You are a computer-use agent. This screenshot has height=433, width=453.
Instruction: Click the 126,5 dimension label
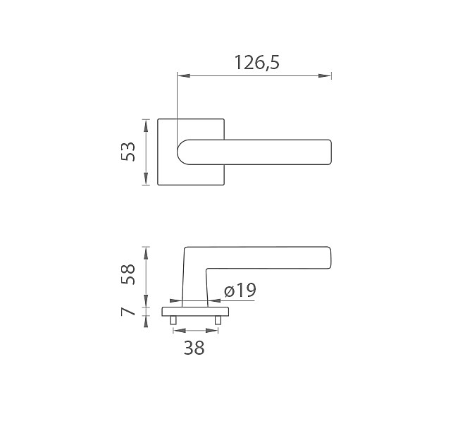[257, 63]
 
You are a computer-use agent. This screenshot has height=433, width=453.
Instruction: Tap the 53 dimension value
[128, 152]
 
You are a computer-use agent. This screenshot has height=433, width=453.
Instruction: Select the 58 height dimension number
[128, 274]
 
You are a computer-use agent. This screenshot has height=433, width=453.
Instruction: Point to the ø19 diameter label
[240, 290]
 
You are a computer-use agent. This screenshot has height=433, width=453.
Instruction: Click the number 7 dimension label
[128, 312]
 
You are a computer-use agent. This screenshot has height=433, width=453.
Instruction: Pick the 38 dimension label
[194, 348]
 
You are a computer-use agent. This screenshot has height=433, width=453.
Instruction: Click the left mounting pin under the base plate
[173, 320]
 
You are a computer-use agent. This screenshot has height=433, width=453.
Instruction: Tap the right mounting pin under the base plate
[218, 320]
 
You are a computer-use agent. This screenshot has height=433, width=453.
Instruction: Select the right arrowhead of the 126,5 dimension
[325, 75]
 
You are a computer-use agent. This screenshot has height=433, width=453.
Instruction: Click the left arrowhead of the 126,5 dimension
[184, 75]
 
